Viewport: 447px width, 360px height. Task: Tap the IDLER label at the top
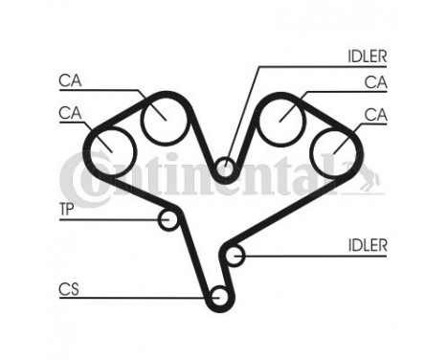coord(366,55)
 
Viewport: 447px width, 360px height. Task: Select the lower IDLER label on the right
coord(368,246)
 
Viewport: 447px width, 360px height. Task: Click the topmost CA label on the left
coord(70,80)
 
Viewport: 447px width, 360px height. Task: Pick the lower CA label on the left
coord(69,113)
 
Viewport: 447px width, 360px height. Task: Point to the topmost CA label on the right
coord(375,82)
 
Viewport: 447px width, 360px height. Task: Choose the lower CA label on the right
coord(375,114)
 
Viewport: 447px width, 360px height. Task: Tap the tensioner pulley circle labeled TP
coord(170,220)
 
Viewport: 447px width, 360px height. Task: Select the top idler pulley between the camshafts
coord(225,169)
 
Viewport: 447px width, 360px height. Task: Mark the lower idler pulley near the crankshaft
coord(235,256)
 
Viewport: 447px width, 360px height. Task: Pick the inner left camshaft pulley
coord(160,120)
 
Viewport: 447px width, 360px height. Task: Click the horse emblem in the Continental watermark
coord(369,175)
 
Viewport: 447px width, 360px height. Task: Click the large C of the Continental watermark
coord(80,179)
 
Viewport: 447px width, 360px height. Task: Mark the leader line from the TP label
coord(110,221)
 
